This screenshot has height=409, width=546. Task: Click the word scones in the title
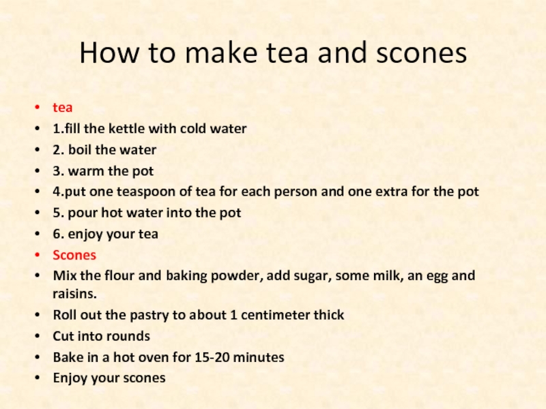click(421, 53)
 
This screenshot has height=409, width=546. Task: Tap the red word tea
click(63, 108)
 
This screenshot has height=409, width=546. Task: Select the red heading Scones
click(74, 255)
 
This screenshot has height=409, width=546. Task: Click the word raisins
click(74, 294)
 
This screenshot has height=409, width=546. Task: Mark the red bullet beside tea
click(38, 108)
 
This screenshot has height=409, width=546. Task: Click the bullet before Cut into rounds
click(38, 336)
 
